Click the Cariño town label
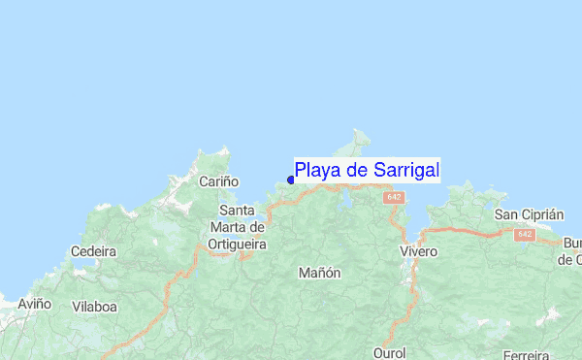(218, 181)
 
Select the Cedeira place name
(94, 251)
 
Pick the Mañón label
(320, 273)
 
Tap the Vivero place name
(418, 251)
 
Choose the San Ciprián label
(529, 213)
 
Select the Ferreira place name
(527, 353)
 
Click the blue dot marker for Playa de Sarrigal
(291, 179)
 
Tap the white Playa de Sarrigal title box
(367, 171)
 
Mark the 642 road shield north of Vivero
(393, 197)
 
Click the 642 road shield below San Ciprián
(526, 234)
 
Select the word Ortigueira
(238, 245)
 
